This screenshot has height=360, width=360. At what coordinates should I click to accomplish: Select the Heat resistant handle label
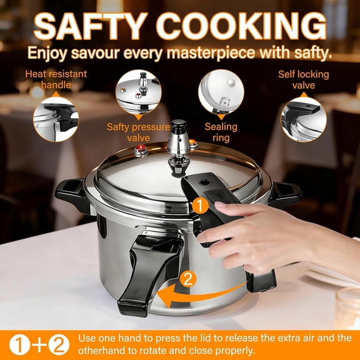point(56,79)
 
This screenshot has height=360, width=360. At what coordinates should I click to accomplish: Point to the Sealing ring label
point(221,132)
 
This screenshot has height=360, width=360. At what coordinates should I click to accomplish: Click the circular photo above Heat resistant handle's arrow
point(56,119)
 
